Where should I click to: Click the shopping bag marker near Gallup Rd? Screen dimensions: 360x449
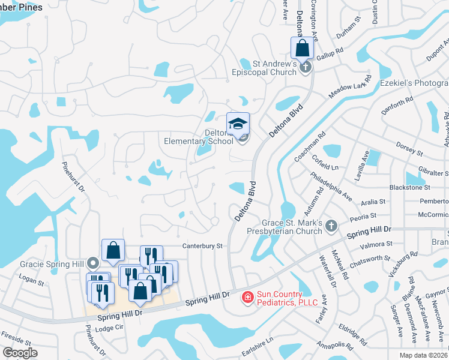coord(303,48)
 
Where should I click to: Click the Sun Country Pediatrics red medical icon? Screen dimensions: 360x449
coord(247,297)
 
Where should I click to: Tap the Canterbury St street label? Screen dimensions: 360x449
coord(203,246)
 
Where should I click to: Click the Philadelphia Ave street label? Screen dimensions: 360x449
coord(331,186)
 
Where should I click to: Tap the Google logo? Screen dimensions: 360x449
coord(20,353)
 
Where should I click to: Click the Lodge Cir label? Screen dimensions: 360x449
coord(109,328)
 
